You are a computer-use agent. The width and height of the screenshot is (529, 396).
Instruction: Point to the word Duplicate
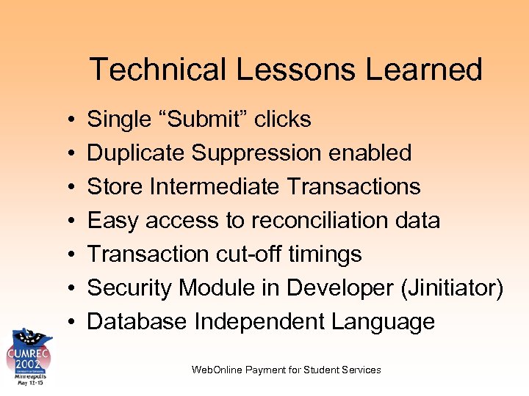tap(137, 153)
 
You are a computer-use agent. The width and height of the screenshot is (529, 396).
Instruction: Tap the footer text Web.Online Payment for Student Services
tap(286, 370)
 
